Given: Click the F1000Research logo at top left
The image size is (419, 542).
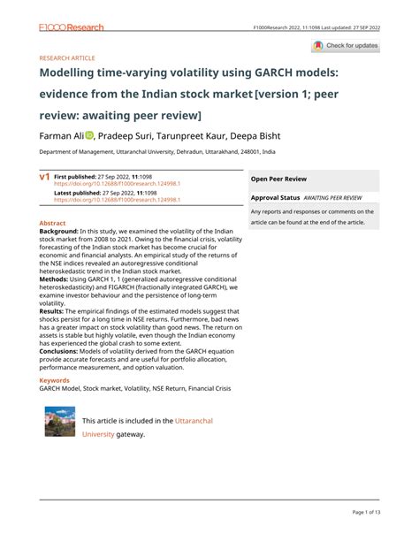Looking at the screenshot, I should [71, 27].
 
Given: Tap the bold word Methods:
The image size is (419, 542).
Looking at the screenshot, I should [57, 278].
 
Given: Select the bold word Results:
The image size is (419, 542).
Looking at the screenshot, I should [55, 311].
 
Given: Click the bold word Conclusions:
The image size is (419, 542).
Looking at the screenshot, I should [64, 351].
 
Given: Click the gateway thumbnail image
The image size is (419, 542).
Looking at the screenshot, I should [60, 422].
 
